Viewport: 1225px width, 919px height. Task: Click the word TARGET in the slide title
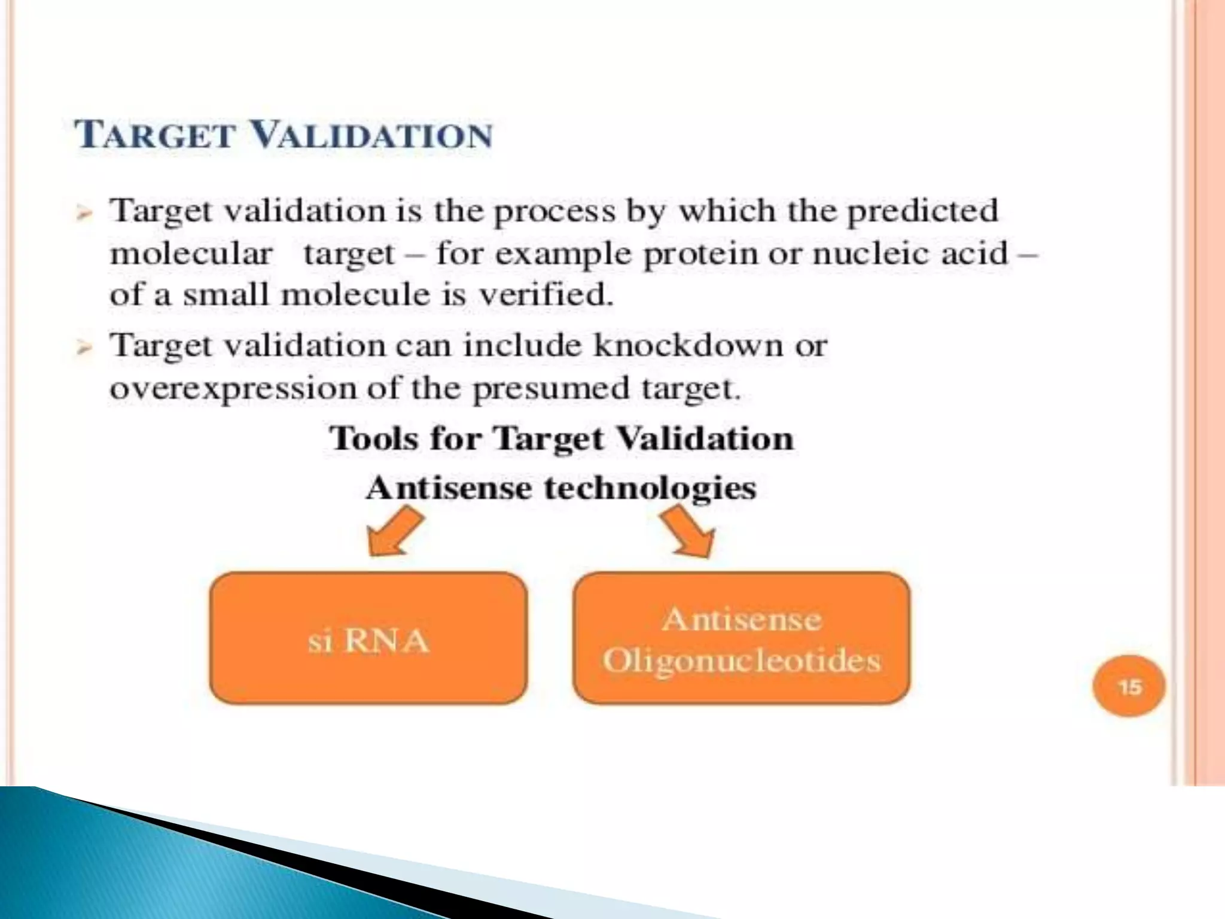(154, 135)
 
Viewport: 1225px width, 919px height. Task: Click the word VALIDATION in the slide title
(371, 135)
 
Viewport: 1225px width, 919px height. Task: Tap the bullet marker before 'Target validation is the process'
(84, 213)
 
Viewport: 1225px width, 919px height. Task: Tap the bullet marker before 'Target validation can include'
(84, 348)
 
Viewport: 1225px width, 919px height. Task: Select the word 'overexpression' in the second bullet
(233, 389)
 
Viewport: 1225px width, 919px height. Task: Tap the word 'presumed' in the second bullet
(551, 389)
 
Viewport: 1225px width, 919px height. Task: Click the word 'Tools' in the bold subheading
(374, 439)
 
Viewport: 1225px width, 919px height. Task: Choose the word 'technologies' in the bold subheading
(650, 488)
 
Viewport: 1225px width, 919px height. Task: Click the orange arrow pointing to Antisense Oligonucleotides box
(688, 531)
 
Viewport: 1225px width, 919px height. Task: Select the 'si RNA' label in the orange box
(368, 641)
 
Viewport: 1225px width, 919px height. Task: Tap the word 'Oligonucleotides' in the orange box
(742, 661)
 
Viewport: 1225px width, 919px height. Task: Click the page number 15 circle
(1129, 686)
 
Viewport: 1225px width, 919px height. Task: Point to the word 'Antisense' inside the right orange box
(742, 619)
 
